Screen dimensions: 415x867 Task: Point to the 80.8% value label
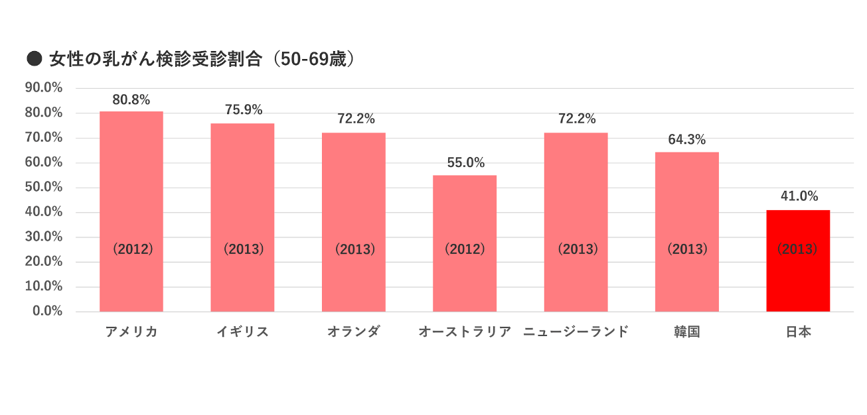(131, 100)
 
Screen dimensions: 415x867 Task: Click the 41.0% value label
(799, 196)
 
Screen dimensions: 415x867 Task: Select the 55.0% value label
(465, 162)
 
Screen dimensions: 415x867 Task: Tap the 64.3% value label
(687, 140)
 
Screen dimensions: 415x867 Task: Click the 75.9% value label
(243, 110)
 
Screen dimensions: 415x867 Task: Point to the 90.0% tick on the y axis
(43, 88)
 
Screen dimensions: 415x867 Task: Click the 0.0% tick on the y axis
(47, 311)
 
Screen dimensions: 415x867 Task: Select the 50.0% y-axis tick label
(43, 187)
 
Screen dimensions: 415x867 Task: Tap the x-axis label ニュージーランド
(576, 332)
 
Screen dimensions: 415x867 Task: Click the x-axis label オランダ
(354, 332)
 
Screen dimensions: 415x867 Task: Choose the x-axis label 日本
(799, 332)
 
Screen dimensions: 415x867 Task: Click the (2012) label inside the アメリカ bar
(132, 249)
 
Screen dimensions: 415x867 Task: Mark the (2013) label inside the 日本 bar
(797, 249)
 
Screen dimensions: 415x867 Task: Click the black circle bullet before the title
(34, 59)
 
